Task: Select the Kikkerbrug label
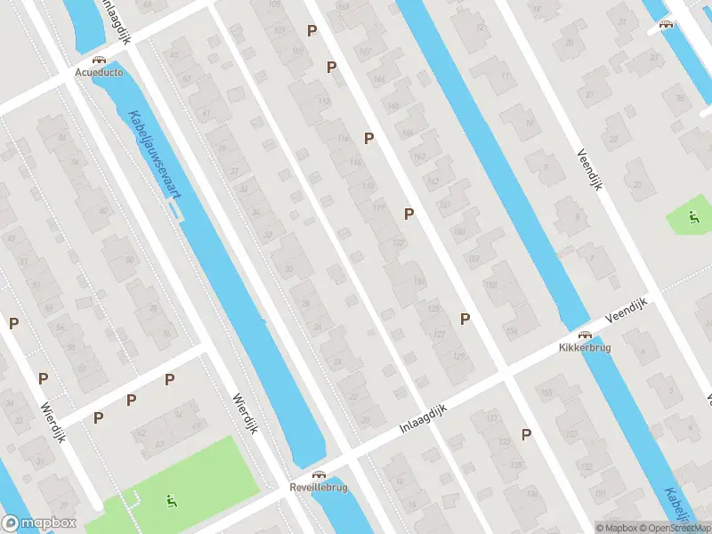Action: pos(585,347)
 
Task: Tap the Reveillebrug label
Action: pos(318,488)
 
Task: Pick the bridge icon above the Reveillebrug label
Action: pos(318,475)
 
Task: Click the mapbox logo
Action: pos(37,523)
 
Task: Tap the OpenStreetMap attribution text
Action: pos(674,528)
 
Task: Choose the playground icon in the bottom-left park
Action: pos(169,500)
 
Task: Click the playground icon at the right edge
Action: pos(693,216)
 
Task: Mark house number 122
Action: pos(398,243)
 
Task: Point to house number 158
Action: pos(489,285)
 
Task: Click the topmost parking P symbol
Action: pos(311,30)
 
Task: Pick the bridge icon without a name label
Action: pos(665,25)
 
